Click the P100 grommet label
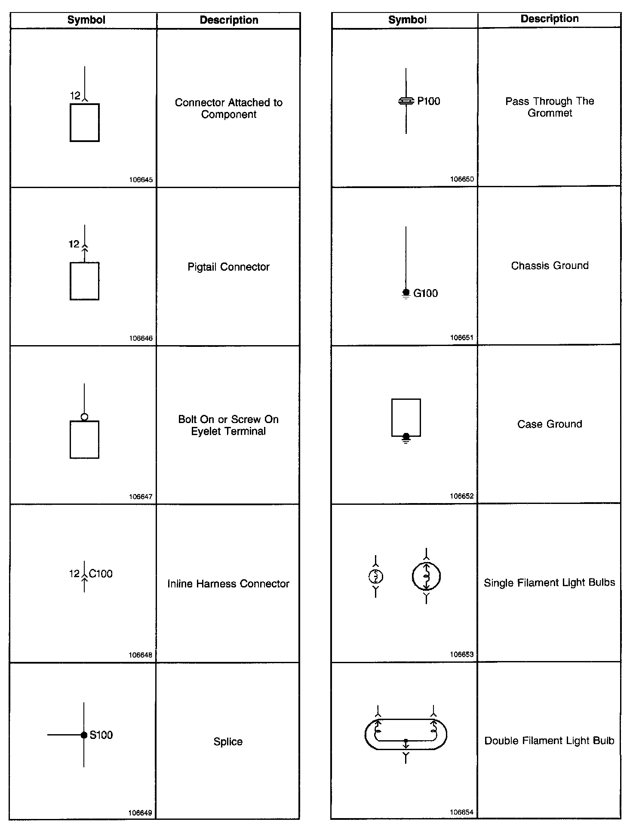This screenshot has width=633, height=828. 429,102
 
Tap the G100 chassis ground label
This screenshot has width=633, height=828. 425,294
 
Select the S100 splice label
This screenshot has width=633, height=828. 101,735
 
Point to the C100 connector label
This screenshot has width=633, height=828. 101,574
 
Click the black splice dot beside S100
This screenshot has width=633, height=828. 84,735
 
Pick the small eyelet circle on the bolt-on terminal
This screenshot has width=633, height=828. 84,417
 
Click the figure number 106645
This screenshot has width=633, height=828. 141,180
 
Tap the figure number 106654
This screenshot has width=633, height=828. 461,813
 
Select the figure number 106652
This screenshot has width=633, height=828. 461,496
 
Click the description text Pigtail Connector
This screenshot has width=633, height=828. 228,267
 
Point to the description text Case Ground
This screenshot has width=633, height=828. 550,424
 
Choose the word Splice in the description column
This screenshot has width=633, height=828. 228,741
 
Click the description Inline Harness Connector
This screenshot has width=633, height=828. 228,584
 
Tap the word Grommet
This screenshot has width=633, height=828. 550,113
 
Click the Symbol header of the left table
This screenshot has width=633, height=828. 86,20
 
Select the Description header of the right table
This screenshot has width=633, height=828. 550,19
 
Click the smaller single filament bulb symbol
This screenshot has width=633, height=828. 376,576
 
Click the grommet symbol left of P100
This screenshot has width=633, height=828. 406,102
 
